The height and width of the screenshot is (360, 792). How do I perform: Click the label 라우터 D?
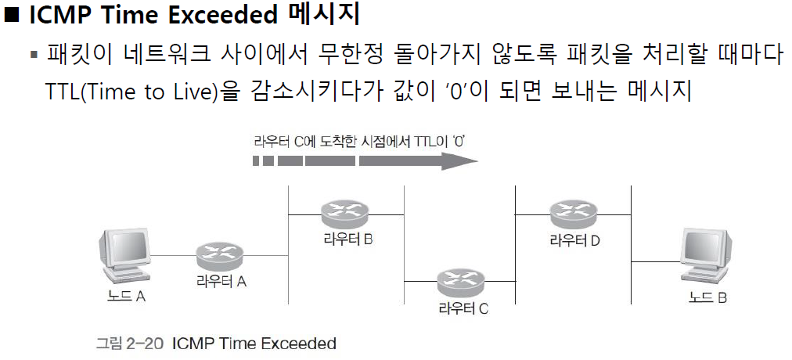point(574,240)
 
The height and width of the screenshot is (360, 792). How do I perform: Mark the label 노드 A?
point(127,297)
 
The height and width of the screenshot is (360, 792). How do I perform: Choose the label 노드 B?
point(706,297)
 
